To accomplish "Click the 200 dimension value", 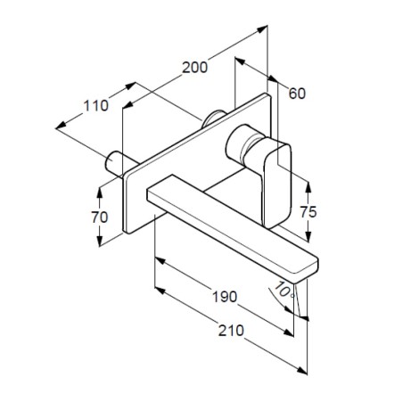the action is click(194, 68).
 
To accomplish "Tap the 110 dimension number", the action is click(95, 106).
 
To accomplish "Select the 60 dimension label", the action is click(297, 94).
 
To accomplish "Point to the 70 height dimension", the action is click(100, 217).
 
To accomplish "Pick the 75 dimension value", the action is click(308, 212).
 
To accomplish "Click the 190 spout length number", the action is click(225, 297).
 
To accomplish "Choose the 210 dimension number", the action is click(231, 331).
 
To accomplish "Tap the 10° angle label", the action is click(284, 290).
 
